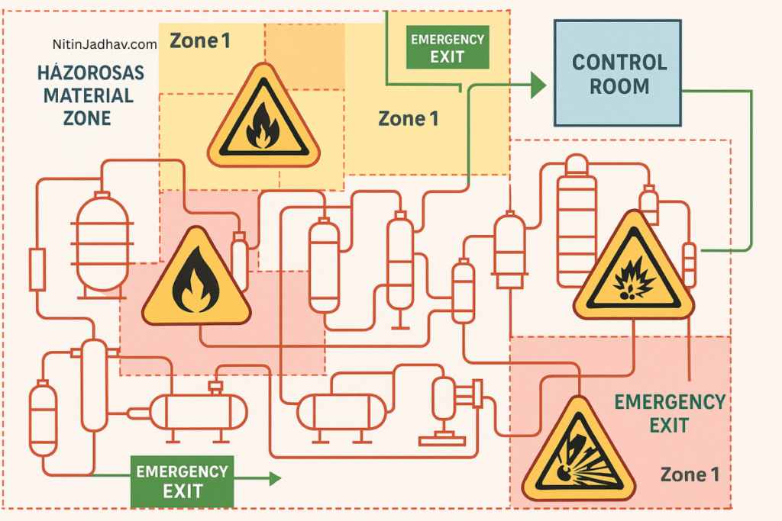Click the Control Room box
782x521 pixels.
click(x=617, y=72)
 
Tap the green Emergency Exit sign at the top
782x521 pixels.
click(x=447, y=48)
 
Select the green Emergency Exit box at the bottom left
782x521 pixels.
click(x=182, y=481)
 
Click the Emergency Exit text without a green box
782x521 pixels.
click(x=669, y=413)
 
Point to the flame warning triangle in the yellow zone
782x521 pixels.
click(x=263, y=118)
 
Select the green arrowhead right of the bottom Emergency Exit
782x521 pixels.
click(x=274, y=479)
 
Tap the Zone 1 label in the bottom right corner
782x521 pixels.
click(x=690, y=474)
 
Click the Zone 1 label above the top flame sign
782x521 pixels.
click(x=199, y=40)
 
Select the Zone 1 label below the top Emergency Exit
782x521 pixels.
click(x=409, y=119)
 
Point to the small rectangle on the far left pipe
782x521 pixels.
click(x=37, y=269)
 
